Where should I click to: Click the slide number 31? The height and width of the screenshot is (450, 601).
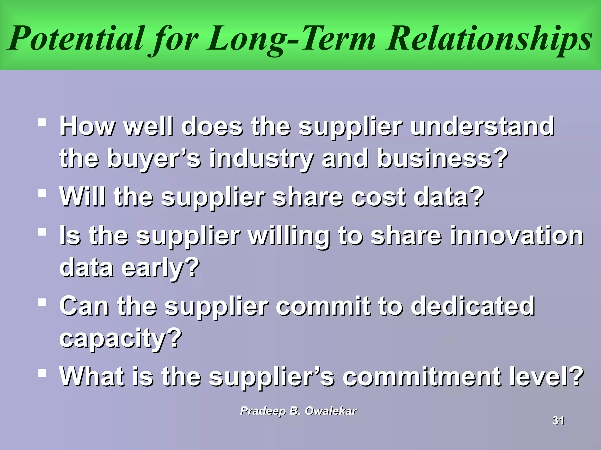pyautogui.click(x=558, y=421)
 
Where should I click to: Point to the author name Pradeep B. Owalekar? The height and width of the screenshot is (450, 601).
pyautogui.click(x=298, y=411)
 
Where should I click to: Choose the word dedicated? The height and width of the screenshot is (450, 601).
pyautogui.click(x=472, y=306)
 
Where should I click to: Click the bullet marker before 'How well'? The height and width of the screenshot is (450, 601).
pyautogui.click(x=42, y=122)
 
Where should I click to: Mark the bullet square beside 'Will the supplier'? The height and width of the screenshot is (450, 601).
pyautogui.click(x=42, y=193)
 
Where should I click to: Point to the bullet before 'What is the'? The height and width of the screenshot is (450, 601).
pyautogui.click(x=42, y=373)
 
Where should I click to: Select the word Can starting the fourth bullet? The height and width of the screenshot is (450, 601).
pyautogui.click(x=84, y=306)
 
